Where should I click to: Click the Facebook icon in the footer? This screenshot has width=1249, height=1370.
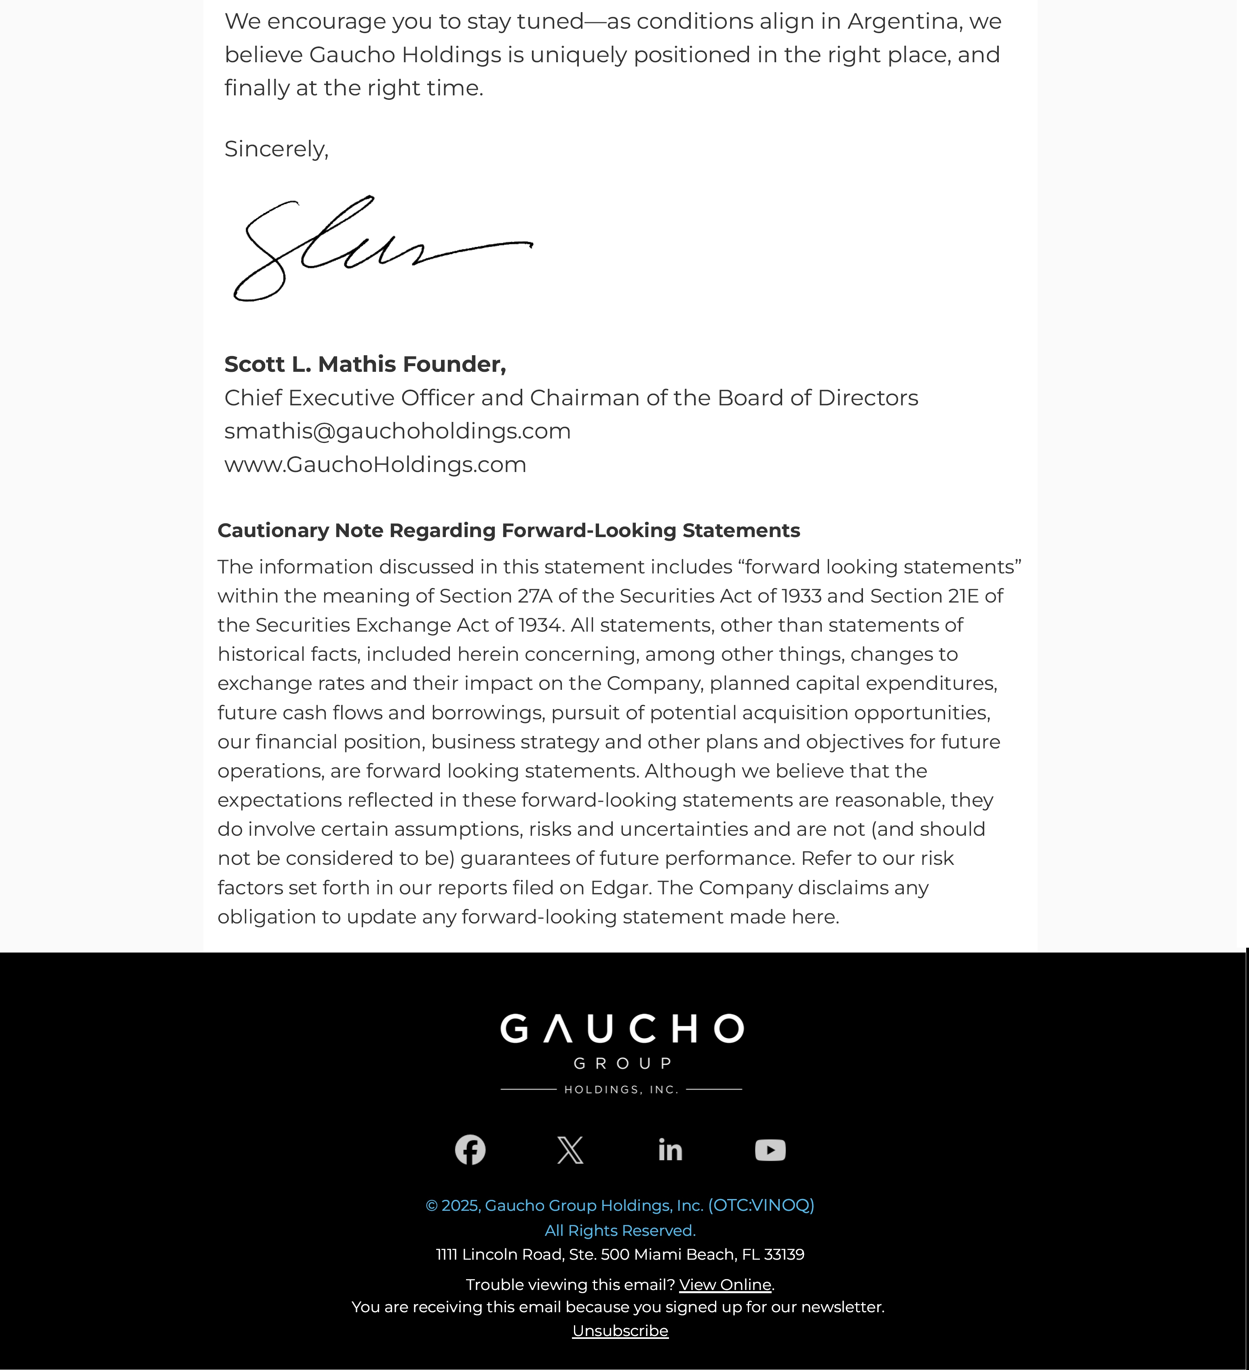470,1150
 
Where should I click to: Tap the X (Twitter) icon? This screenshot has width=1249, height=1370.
570,1150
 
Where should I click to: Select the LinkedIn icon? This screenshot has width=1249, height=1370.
670,1150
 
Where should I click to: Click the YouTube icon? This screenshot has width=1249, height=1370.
770,1150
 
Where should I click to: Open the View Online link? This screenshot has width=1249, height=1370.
725,1284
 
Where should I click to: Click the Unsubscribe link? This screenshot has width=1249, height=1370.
620,1330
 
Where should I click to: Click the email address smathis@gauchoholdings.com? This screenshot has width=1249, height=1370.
397,431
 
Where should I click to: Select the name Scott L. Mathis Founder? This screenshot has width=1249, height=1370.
365,364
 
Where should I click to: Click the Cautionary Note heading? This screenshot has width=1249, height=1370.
508,530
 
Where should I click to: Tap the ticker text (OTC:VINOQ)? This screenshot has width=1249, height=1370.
761,1205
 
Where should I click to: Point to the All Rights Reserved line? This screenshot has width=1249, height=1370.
620,1231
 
